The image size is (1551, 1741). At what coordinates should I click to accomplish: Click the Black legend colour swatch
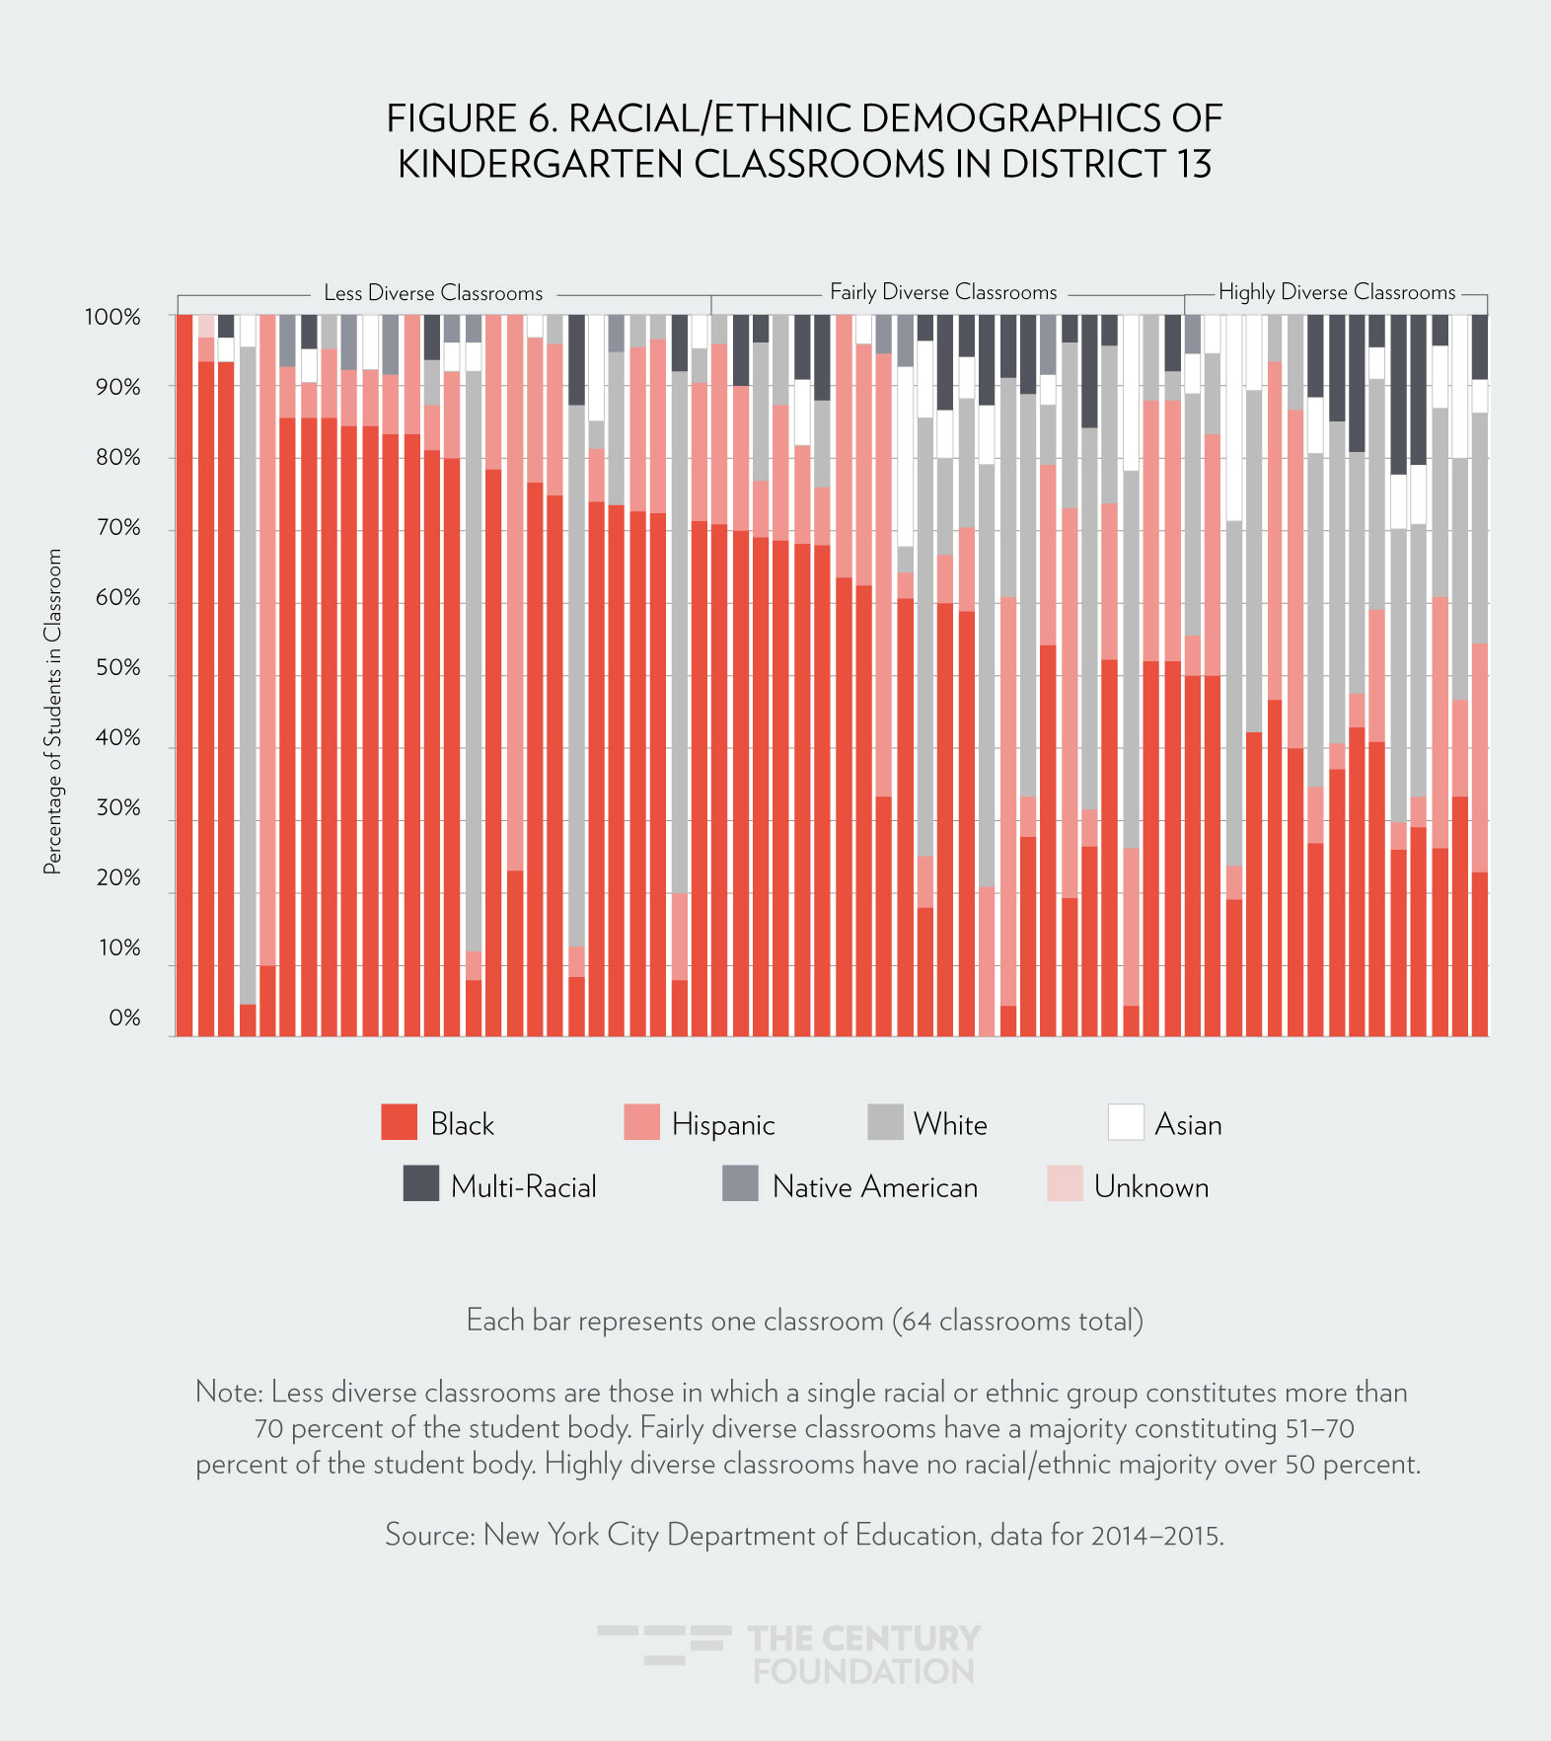(399, 1123)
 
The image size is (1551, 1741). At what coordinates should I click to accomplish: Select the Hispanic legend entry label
(723, 1125)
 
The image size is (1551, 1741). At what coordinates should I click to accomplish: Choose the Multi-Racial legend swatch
(421, 1183)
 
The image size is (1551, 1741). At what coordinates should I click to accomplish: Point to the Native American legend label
(875, 1186)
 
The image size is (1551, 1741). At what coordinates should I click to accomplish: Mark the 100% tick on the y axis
(112, 318)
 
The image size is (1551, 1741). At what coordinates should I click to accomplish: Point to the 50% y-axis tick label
(117, 668)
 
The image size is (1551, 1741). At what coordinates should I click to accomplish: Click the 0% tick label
(124, 1019)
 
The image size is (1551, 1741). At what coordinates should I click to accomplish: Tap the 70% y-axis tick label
(117, 528)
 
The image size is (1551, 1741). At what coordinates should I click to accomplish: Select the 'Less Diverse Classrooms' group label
(433, 293)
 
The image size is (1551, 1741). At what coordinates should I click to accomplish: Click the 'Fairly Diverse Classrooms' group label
(943, 292)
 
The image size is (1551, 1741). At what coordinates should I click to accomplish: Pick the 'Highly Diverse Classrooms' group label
(1337, 292)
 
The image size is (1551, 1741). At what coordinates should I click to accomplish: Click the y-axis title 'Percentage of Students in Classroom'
(52, 711)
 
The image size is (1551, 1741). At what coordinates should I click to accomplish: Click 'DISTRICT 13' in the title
(1106, 164)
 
